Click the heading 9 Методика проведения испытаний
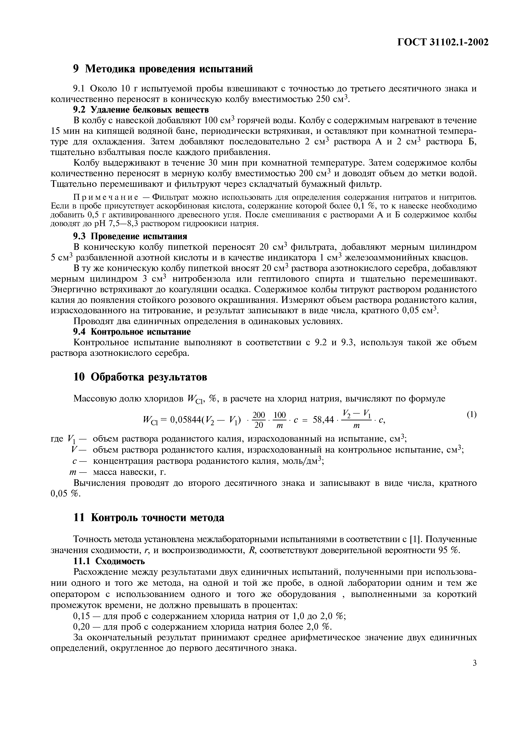pyautogui.click(x=163, y=69)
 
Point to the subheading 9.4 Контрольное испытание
pyautogui.click(x=132, y=332)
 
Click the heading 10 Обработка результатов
pyautogui.click(x=140, y=377)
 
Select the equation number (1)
pyautogui.click(x=471, y=414)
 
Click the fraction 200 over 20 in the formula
pyautogui.click(x=259, y=420)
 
